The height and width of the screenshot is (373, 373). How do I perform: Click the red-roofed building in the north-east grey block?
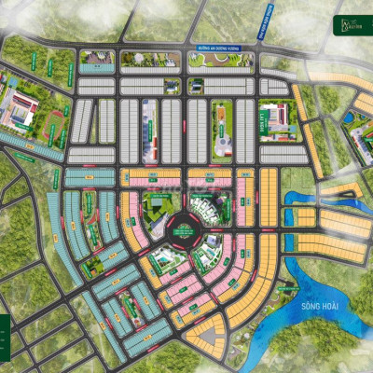coord(269,117)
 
